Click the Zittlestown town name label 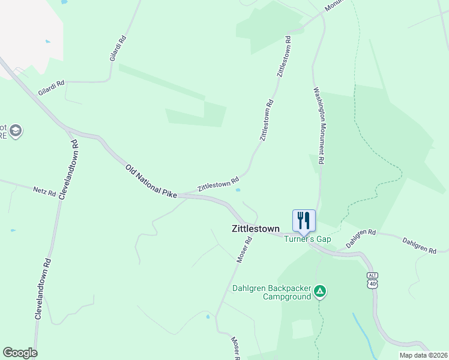(256, 229)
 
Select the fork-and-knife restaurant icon (304, 220)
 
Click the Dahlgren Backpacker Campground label (272, 292)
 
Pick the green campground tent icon (321, 292)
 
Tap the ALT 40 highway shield (373, 279)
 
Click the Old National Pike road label (151, 181)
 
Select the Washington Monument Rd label (319, 126)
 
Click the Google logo (20, 353)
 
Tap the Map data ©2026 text (423, 355)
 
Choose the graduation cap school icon (16, 131)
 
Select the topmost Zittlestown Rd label (283, 56)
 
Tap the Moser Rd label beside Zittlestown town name (243, 249)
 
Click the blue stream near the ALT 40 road (361, 329)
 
